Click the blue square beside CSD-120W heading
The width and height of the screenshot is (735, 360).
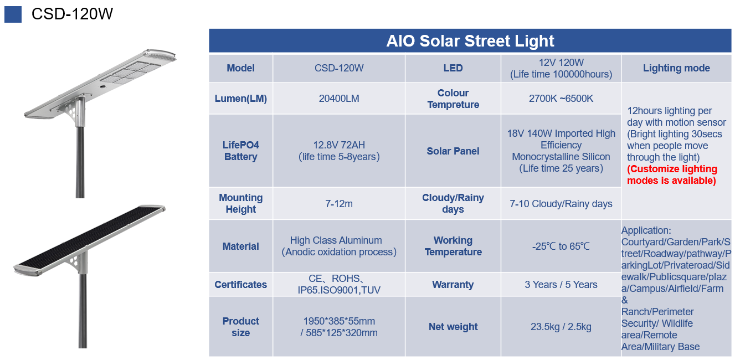click(13, 14)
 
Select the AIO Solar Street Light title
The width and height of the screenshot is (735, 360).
click(470, 41)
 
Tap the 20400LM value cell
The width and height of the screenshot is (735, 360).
click(339, 99)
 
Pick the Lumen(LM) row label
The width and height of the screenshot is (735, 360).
click(240, 99)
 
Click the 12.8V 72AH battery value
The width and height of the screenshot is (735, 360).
click(339, 151)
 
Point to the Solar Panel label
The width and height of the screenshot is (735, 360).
click(453, 151)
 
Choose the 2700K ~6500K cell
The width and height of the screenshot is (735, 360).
click(561, 99)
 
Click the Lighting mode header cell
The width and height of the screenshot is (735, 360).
click(676, 68)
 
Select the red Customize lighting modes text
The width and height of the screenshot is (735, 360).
click(672, 174)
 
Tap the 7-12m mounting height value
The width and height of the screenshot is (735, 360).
click(339, 204)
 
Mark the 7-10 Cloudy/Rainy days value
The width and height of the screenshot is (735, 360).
click(561, 204)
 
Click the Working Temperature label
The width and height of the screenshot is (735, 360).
click(453, 246)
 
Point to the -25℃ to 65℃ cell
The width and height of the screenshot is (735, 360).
click(561, 246)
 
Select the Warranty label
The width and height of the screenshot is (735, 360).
click(453, 285)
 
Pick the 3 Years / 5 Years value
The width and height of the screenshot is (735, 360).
click(561, 285)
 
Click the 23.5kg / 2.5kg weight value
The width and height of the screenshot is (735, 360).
click(561, 327)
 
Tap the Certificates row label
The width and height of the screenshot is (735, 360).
click(240, 285)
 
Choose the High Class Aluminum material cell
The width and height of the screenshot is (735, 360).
click(339, 246)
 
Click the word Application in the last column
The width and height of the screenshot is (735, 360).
click(646, 230)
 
